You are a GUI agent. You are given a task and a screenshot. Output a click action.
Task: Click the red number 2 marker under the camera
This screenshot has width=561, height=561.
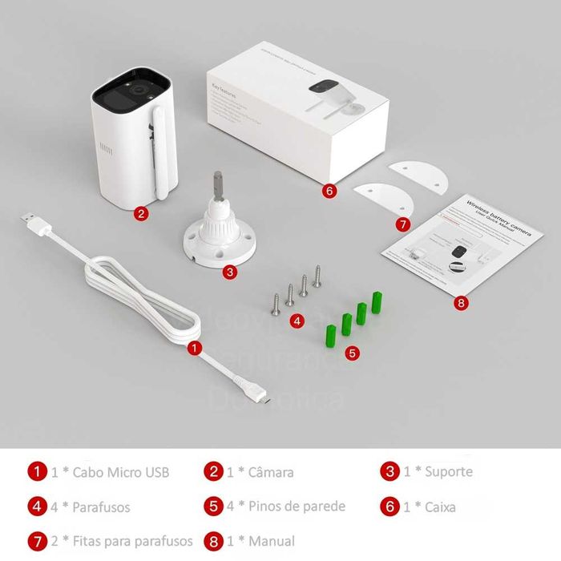[140, 213]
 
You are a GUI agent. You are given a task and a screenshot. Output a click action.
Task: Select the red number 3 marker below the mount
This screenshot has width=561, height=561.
[230, 272]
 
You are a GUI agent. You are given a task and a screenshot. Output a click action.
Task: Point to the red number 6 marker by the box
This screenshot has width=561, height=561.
[329, 191]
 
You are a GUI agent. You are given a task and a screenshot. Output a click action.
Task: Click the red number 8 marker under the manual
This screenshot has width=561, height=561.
[460, 303]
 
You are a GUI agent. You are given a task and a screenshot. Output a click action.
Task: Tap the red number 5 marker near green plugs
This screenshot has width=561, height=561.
[353, 351]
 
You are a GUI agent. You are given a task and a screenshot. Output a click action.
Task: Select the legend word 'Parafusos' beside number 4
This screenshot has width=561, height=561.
[101, 507]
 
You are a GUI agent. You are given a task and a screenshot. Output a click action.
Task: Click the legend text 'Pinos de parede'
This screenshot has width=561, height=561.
[297, 506]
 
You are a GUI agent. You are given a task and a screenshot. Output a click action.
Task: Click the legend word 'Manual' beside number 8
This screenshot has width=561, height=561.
[272, 541]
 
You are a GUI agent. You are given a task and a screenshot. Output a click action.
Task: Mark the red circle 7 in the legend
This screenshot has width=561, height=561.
[37, 541]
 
